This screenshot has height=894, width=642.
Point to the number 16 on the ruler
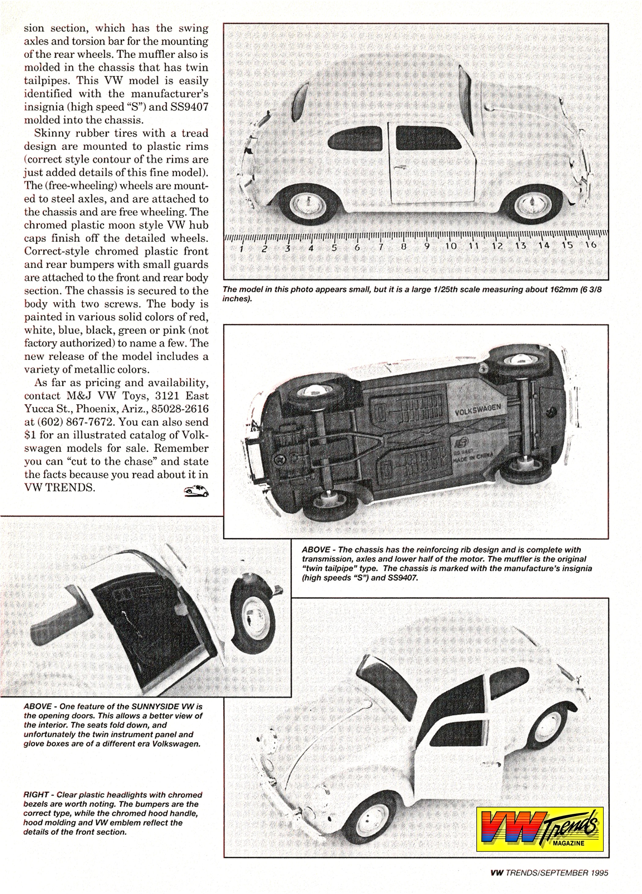pyautogui.click(x=591, y=244)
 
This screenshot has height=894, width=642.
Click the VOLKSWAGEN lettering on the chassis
pyautogui.click(x=478, y=410)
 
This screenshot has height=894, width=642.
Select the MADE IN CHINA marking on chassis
pyautogui.click(x=473, y=458)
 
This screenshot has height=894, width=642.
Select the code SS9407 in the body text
pyautogui.click(x=185, y=107)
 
